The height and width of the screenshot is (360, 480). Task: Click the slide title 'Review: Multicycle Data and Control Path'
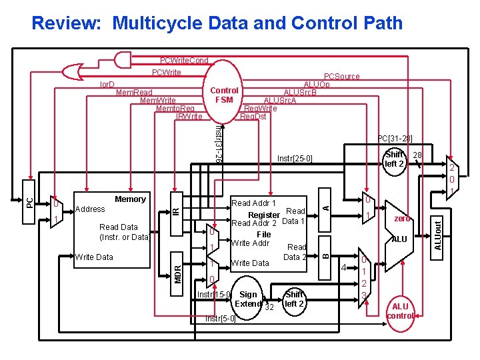pyautogui.click(x=217, y=23)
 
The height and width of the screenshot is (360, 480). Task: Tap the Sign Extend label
pyautogui.click(x=248, y=299)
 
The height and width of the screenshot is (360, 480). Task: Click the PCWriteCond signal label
pyautogui.click(x=184, y=61)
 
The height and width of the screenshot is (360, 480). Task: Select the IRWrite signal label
pyautogui.click(x=189, y=117)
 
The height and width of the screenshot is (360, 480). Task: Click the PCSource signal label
pyautogui.click(x=341, y=77)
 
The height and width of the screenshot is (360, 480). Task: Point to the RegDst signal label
pyautogui.click(x=253, y=117)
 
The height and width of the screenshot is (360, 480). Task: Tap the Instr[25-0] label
pyautogui.click(x=294, y=159)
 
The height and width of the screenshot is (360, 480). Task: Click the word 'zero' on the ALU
pyautogui.click(x=402, y=218)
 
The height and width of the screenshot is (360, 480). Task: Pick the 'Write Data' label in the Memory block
pyautogui.click(x=94, y=257)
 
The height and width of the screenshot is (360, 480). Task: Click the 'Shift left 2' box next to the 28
pyautogui.click(x=395, y=159)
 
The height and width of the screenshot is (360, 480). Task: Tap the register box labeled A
pyautogui.click(x=325, y=207)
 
